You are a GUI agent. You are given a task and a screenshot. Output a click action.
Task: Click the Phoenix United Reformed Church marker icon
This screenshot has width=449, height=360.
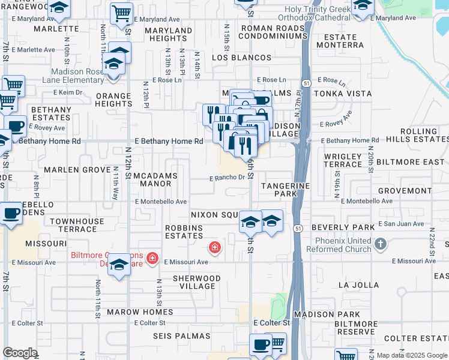click(380, 244)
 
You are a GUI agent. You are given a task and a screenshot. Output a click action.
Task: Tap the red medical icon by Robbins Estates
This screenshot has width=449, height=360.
click(214, 247)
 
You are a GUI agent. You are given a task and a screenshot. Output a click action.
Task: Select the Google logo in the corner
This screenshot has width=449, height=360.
click(20, 353)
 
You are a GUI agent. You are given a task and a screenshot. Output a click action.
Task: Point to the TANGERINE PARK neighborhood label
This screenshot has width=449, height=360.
click(286, 190)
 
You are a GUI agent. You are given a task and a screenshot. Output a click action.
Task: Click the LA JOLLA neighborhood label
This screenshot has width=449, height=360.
click(358, 285)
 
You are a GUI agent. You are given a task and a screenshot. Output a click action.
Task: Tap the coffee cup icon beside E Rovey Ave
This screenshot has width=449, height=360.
click(16, 126)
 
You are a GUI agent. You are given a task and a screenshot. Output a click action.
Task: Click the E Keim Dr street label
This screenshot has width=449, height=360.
click(67, 92)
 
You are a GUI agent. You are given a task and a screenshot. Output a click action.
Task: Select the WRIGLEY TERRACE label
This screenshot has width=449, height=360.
click(343, 160)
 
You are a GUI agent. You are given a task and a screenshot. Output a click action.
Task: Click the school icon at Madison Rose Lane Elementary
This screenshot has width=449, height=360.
click(113, 62)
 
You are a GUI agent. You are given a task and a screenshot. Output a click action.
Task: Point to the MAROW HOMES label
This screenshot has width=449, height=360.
click(140, 312)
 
